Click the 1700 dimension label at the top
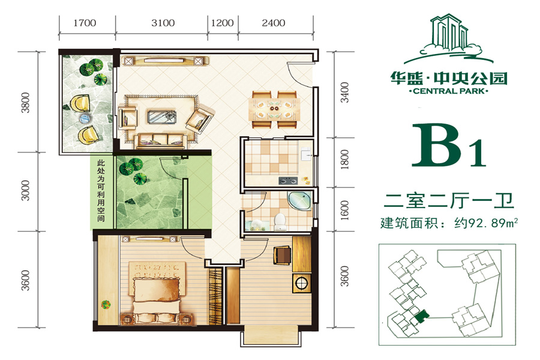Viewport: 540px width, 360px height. point(85,23)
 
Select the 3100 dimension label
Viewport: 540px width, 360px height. point(163,23)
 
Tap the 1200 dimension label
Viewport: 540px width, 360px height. point(222,23)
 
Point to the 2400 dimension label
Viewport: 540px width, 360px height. point(274,23)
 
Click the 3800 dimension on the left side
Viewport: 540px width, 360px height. point(25,103)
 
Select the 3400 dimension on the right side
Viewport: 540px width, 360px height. point(344,92)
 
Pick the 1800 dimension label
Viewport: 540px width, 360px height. point(344,159)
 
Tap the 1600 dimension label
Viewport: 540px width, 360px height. point(344,210)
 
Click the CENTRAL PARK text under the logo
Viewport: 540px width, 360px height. point(448,91)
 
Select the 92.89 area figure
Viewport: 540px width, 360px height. point(486,223)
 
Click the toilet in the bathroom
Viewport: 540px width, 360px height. point(280,222)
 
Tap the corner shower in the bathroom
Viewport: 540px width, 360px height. point(299,202)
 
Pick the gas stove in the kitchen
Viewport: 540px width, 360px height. point(288,180)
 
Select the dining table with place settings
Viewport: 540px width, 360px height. point(274,109)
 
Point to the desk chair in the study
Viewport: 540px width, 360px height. point(282,255)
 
